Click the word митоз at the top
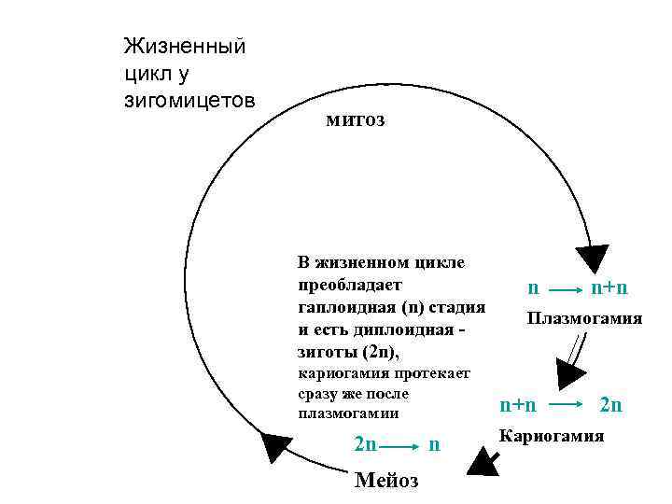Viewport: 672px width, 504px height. (x=356, y=120)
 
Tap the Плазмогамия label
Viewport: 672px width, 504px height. (x=584, y=319)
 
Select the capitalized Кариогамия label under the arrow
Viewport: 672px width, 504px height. (x=552, y=436)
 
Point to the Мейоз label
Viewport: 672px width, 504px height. (x=386, y=481)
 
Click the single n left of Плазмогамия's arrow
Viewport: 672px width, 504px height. (x=533, y=288)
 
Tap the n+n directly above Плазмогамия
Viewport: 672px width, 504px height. (x=609, y=288)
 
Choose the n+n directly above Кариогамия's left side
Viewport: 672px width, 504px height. (x=518, y=404)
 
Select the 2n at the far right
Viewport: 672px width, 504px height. (x=610, y=404)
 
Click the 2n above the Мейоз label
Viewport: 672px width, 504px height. (x=366, y=444)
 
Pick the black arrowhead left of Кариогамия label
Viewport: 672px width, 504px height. (x=482, y=460)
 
